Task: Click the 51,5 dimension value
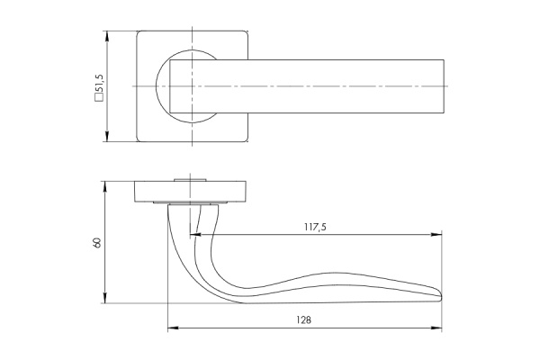coord(99,84)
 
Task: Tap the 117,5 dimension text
coord(315,227)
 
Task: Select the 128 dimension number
coord(304,320)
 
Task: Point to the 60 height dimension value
coord(97,242)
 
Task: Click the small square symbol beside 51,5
coord(99,98)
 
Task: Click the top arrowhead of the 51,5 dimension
coord(107,36)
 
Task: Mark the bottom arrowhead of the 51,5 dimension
coord(107,136)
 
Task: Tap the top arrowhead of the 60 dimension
coord(105,186)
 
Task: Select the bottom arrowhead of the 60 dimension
coord(105,298)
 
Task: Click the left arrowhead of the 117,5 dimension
coord(195,235)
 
